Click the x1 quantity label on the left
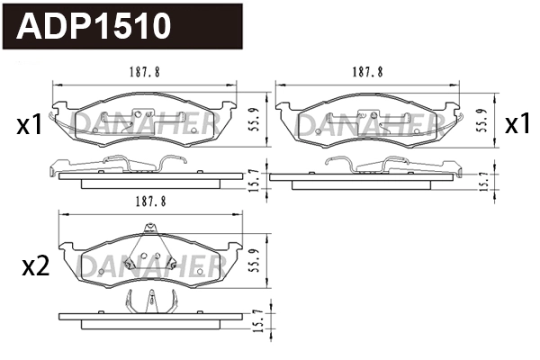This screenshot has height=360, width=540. click(x=30, y=126)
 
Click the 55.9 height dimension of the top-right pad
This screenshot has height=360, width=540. click(x=483, y=117)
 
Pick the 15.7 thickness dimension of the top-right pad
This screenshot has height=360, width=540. click(x=483, y=178)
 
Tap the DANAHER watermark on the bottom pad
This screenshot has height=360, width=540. click(x=148, y=264)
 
